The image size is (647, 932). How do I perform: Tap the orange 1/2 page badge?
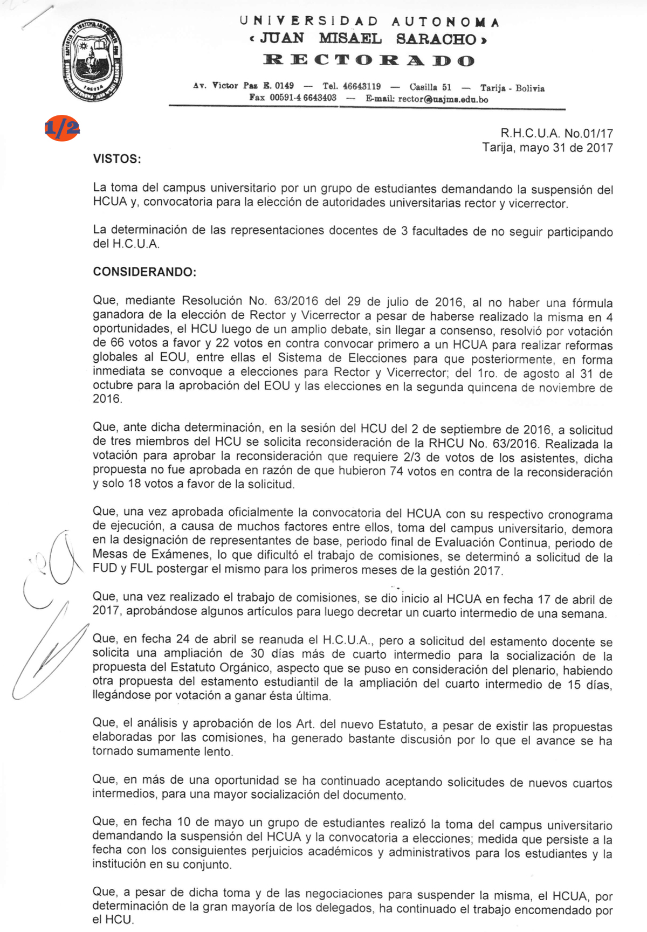pos(62,128)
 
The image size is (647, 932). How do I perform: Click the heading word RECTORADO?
pos(369,60)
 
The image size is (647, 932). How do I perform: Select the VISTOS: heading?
pos(117,159)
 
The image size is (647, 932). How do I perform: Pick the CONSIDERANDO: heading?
pos(144,272)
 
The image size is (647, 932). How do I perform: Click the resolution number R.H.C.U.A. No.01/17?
pos(556,133)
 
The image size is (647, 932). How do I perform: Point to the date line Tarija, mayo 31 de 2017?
pos(547,147)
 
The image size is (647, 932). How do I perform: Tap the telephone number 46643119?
pos(362,86)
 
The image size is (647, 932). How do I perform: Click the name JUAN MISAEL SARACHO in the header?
pos(369,39)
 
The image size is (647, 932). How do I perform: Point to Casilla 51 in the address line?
pos(430,87)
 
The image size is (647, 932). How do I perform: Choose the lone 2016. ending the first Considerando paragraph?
pos(107,399)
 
